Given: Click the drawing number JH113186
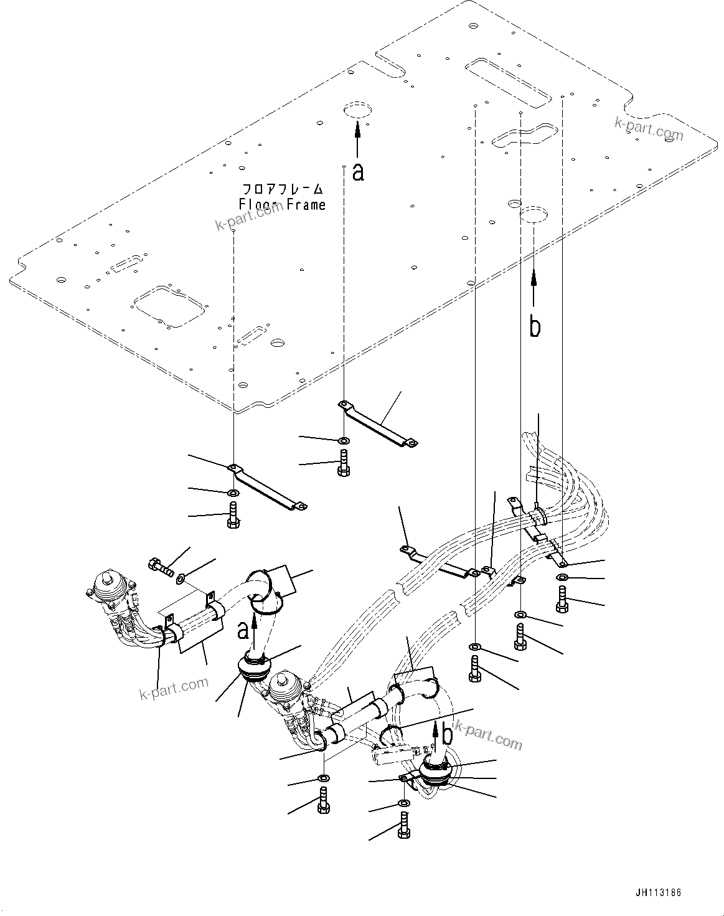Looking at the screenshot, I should point(659,892).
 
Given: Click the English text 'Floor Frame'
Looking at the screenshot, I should point(282,204).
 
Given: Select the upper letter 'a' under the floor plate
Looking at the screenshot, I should point(357,172).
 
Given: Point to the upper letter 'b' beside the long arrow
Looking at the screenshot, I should point(535,326).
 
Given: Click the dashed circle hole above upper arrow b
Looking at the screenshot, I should point(534,215).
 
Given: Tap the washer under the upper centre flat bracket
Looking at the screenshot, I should point(344,441).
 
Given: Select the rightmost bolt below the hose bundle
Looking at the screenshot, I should point(562,600).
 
